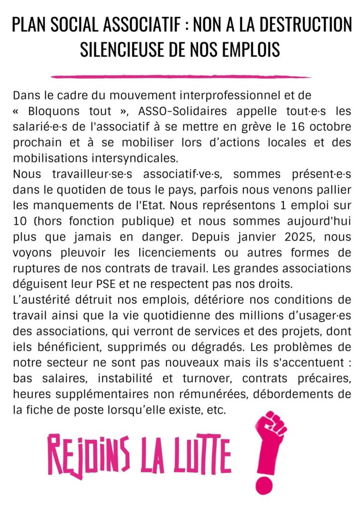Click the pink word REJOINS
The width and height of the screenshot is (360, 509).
pos(88,455)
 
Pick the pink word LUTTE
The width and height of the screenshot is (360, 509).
pos(203,455)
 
